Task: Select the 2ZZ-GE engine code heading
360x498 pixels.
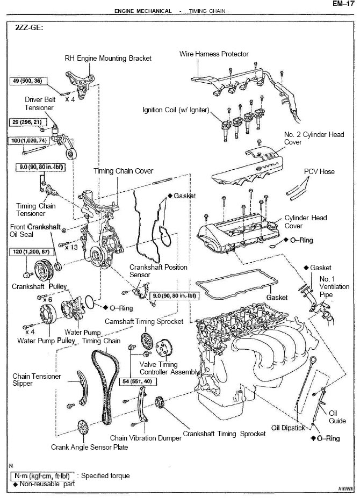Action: click(x=28, y=28)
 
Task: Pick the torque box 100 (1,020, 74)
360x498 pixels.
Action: click(x=30, y=140)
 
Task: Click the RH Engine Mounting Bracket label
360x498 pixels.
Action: click(x=108, y=58)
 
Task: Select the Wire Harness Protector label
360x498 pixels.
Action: click(x=214, y=54)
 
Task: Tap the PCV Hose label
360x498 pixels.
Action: click(x=319, y=171)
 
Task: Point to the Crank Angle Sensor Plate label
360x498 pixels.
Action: click(x=90, y=447)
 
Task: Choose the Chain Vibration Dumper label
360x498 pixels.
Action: click(x=146, y=438)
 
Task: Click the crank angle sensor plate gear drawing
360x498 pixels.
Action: click(x=82, y=429)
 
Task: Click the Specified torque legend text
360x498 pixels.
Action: click(x=105, y=475)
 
